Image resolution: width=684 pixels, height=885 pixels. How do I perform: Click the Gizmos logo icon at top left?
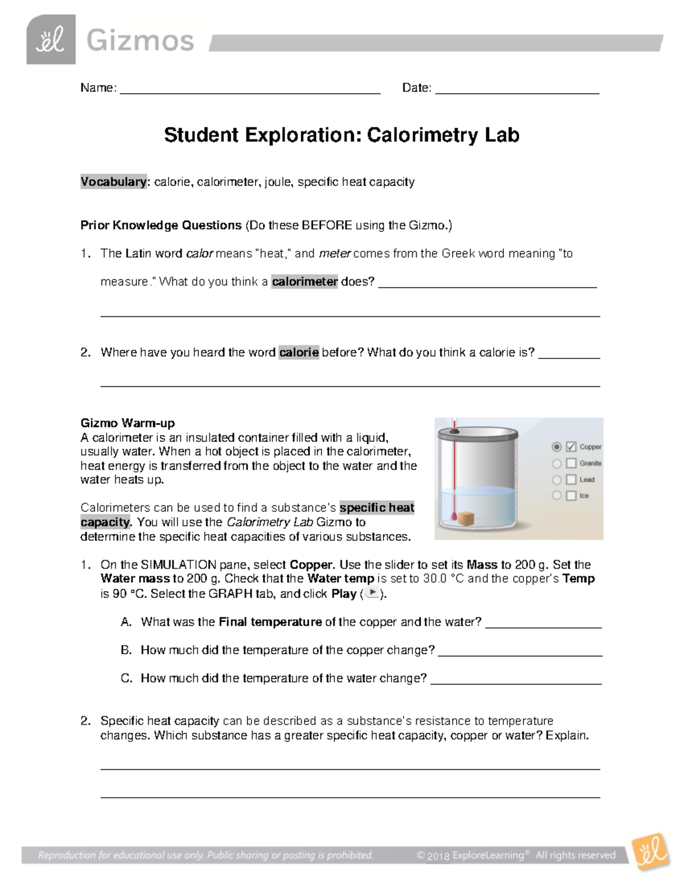point(51,40)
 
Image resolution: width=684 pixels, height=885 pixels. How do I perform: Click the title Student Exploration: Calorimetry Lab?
point(341,135)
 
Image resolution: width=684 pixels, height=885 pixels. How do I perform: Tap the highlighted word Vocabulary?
point(113,182)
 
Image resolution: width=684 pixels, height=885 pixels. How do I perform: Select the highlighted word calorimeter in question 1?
point(304,282)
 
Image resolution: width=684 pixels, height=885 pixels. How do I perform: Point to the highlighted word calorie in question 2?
point(299,352)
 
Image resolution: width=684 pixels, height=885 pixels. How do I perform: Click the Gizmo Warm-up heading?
point(128,423)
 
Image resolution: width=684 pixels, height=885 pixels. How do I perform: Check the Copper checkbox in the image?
point(571,447)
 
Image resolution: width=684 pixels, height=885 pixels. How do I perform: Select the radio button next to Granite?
point(557,463)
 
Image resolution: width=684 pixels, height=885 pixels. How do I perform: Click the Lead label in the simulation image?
point(587,479)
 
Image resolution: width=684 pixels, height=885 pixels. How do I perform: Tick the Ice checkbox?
point(571,496)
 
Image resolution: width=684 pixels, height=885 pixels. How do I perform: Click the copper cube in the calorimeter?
point(467,519)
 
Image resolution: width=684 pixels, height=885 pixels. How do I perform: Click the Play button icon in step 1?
point(372,593)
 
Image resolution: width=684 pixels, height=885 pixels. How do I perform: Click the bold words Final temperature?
point(270,622)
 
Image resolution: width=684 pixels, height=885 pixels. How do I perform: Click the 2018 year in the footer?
point(438,856)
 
